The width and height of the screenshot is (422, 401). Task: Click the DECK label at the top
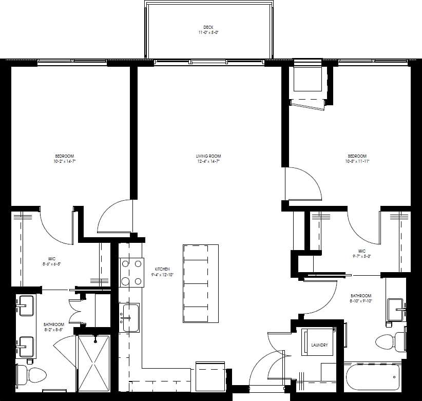[x=208, y=27]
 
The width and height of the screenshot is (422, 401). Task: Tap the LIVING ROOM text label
[x=208, y=156]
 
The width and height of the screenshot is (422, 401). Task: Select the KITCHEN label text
[x=162, y=269]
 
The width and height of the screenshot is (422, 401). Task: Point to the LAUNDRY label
[x=319, y=345]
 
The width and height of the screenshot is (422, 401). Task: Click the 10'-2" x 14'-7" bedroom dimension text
[x=65, y=161]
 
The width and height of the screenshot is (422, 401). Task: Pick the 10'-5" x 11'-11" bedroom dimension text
[x=357, y=161]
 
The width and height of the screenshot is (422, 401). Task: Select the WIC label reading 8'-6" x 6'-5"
[x=52, y=262]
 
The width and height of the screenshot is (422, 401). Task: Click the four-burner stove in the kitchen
[x=130, y=272]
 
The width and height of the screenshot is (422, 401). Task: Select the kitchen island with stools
[x=200, y=283]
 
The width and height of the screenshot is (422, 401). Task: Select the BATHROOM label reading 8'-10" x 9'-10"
[x=361, y=298]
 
